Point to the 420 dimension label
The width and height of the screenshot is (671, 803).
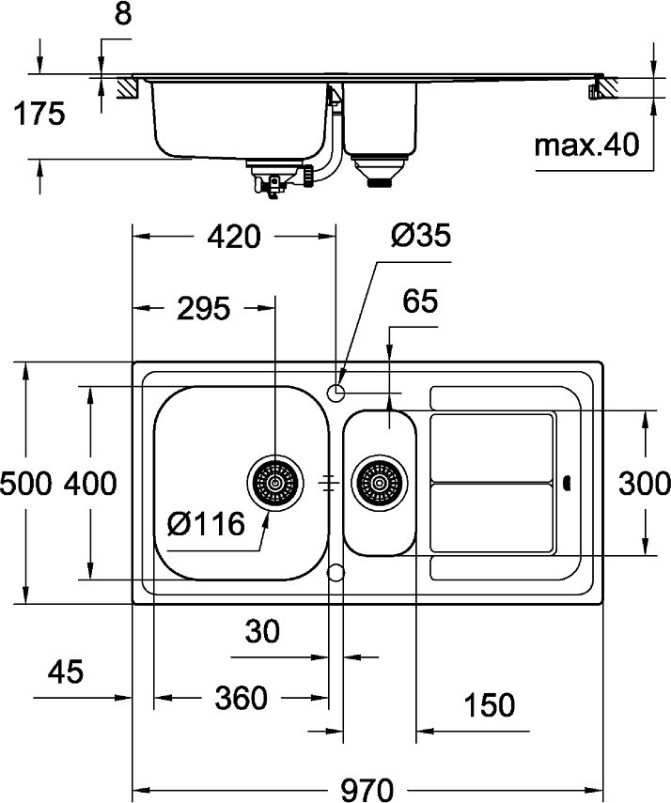pos(232,238)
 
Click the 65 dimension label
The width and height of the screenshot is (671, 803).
pos(420,301)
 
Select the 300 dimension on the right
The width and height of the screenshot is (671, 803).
pos(646,484)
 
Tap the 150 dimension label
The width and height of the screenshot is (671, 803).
pos(490,703)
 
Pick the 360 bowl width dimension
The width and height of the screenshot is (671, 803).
pos(242,698)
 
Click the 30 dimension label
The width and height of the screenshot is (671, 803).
pos(263,632)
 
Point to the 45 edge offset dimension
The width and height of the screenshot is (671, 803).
pos(65,672)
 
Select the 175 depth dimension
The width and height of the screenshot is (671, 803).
pos(39,116)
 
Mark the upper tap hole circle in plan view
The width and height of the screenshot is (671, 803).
pos(337,389)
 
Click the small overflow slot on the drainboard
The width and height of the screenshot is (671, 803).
pos(567,483)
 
